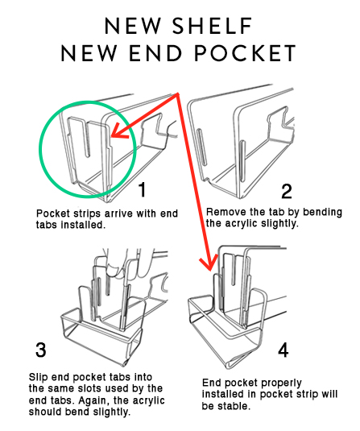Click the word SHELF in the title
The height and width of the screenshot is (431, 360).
click(213, 26)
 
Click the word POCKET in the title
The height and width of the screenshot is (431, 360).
click(245, 53)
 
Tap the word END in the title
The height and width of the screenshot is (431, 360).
click(155, 53)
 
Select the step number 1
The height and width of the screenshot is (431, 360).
click(142, 189)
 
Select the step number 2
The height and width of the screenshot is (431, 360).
click(287, 191)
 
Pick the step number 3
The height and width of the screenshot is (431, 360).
click(41, 350)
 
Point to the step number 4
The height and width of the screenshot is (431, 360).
click(283, 350)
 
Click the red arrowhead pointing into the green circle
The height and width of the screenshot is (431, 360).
click(118, 131)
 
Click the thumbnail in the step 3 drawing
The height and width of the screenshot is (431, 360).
click(114, 269)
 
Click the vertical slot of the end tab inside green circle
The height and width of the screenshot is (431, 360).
click(88, 139)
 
